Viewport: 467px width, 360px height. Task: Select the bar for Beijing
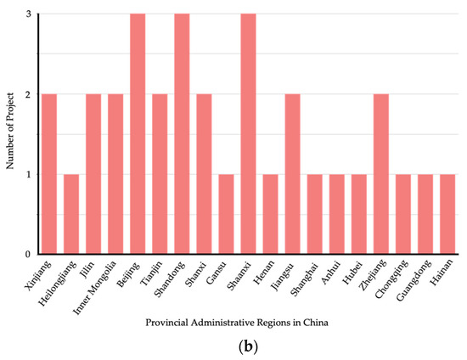(138, 134)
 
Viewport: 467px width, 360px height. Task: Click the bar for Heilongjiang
(71, 214)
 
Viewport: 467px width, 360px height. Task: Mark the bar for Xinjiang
(49, 174)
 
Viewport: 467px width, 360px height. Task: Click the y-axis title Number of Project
(11, 134)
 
